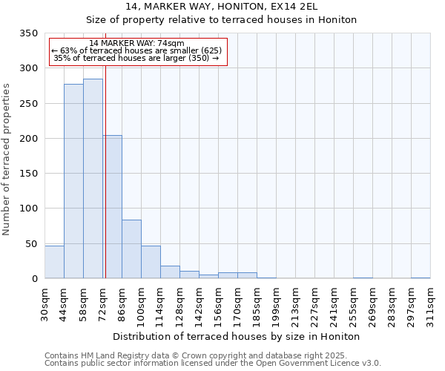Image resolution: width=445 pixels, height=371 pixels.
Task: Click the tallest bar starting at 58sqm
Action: pos(93,178)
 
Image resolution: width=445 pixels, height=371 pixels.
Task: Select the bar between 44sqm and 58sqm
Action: pos(73,181)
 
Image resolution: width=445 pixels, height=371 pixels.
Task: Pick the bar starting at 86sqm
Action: pos(131,249)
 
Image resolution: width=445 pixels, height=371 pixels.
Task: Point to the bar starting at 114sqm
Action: pos(170,272)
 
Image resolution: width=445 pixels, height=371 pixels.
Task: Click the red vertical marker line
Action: pos(105,163)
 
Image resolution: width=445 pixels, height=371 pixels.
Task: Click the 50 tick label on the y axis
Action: pos(31,243)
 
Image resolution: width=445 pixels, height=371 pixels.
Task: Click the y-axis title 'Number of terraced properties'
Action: pos(7,159)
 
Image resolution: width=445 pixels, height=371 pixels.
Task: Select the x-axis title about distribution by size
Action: pos(237,336)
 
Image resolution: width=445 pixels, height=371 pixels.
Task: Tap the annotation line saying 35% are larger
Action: pos(136,58)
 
